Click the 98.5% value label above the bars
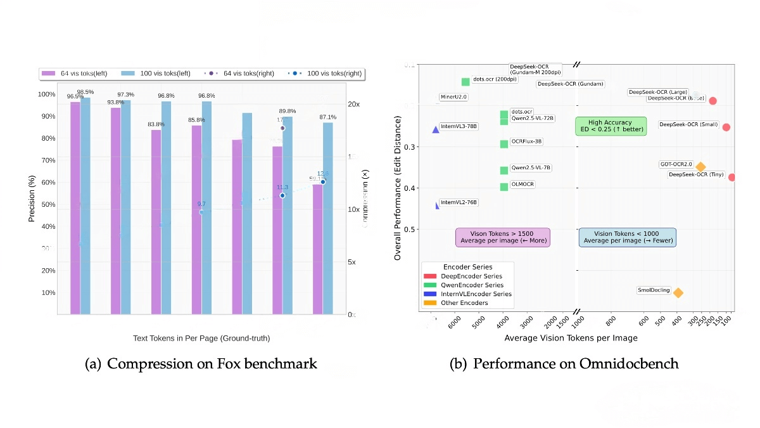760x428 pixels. (85, 93)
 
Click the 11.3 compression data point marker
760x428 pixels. (282, 195)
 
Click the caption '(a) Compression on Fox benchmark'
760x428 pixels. (201, 364)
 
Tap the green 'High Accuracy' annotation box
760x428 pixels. (611, 126)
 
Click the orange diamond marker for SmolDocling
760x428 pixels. (678, 292)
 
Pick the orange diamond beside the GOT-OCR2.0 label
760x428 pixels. (700, 167)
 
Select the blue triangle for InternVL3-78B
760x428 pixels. (435, 129)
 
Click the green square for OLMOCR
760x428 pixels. (504, 186)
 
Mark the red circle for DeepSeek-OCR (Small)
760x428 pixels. (726, 127)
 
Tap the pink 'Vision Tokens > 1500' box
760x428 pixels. (503, 237)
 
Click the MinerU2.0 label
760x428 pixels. (453, 97)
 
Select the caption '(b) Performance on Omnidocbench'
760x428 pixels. (564, 364)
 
